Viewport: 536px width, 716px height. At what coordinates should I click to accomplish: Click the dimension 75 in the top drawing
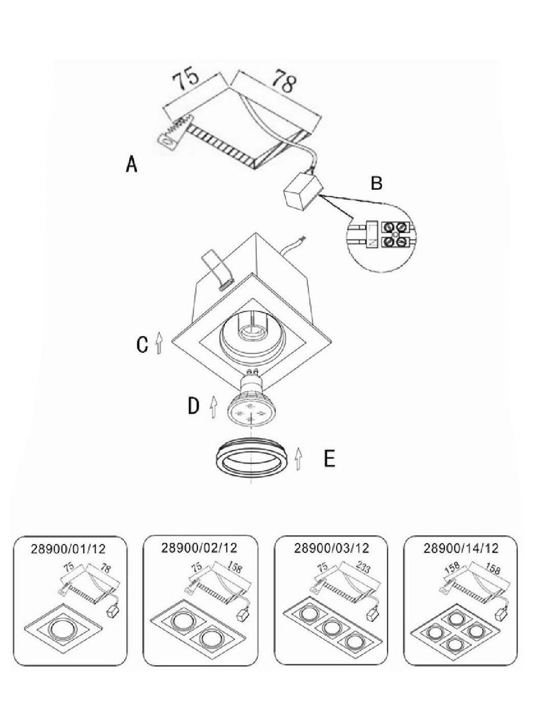pyautogui.click(x=186, y=79)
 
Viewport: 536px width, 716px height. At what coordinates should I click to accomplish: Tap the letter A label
pyautogui.click(x=131, y=164)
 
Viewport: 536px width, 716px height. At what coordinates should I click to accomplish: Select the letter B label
pyautogui.click(x=377, y=183)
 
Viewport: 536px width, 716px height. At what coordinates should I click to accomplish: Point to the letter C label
pyautogui.click(x=143, y=344)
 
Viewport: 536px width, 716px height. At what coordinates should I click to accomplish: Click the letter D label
pyautogui.click(x=193, y=406)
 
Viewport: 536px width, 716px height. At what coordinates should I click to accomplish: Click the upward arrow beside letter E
pyautogui.click(x=298, y=458)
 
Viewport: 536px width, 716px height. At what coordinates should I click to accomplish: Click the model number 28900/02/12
pyautogui.click(x=199, y=548)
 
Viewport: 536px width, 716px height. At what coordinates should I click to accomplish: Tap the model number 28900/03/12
pyautogui.click(x=332, y=548)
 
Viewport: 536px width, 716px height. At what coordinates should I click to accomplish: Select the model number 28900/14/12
pyautogui.click(x=460, y=548)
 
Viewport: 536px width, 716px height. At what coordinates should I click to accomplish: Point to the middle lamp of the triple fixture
pyautogui.click(x=332, y=628)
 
